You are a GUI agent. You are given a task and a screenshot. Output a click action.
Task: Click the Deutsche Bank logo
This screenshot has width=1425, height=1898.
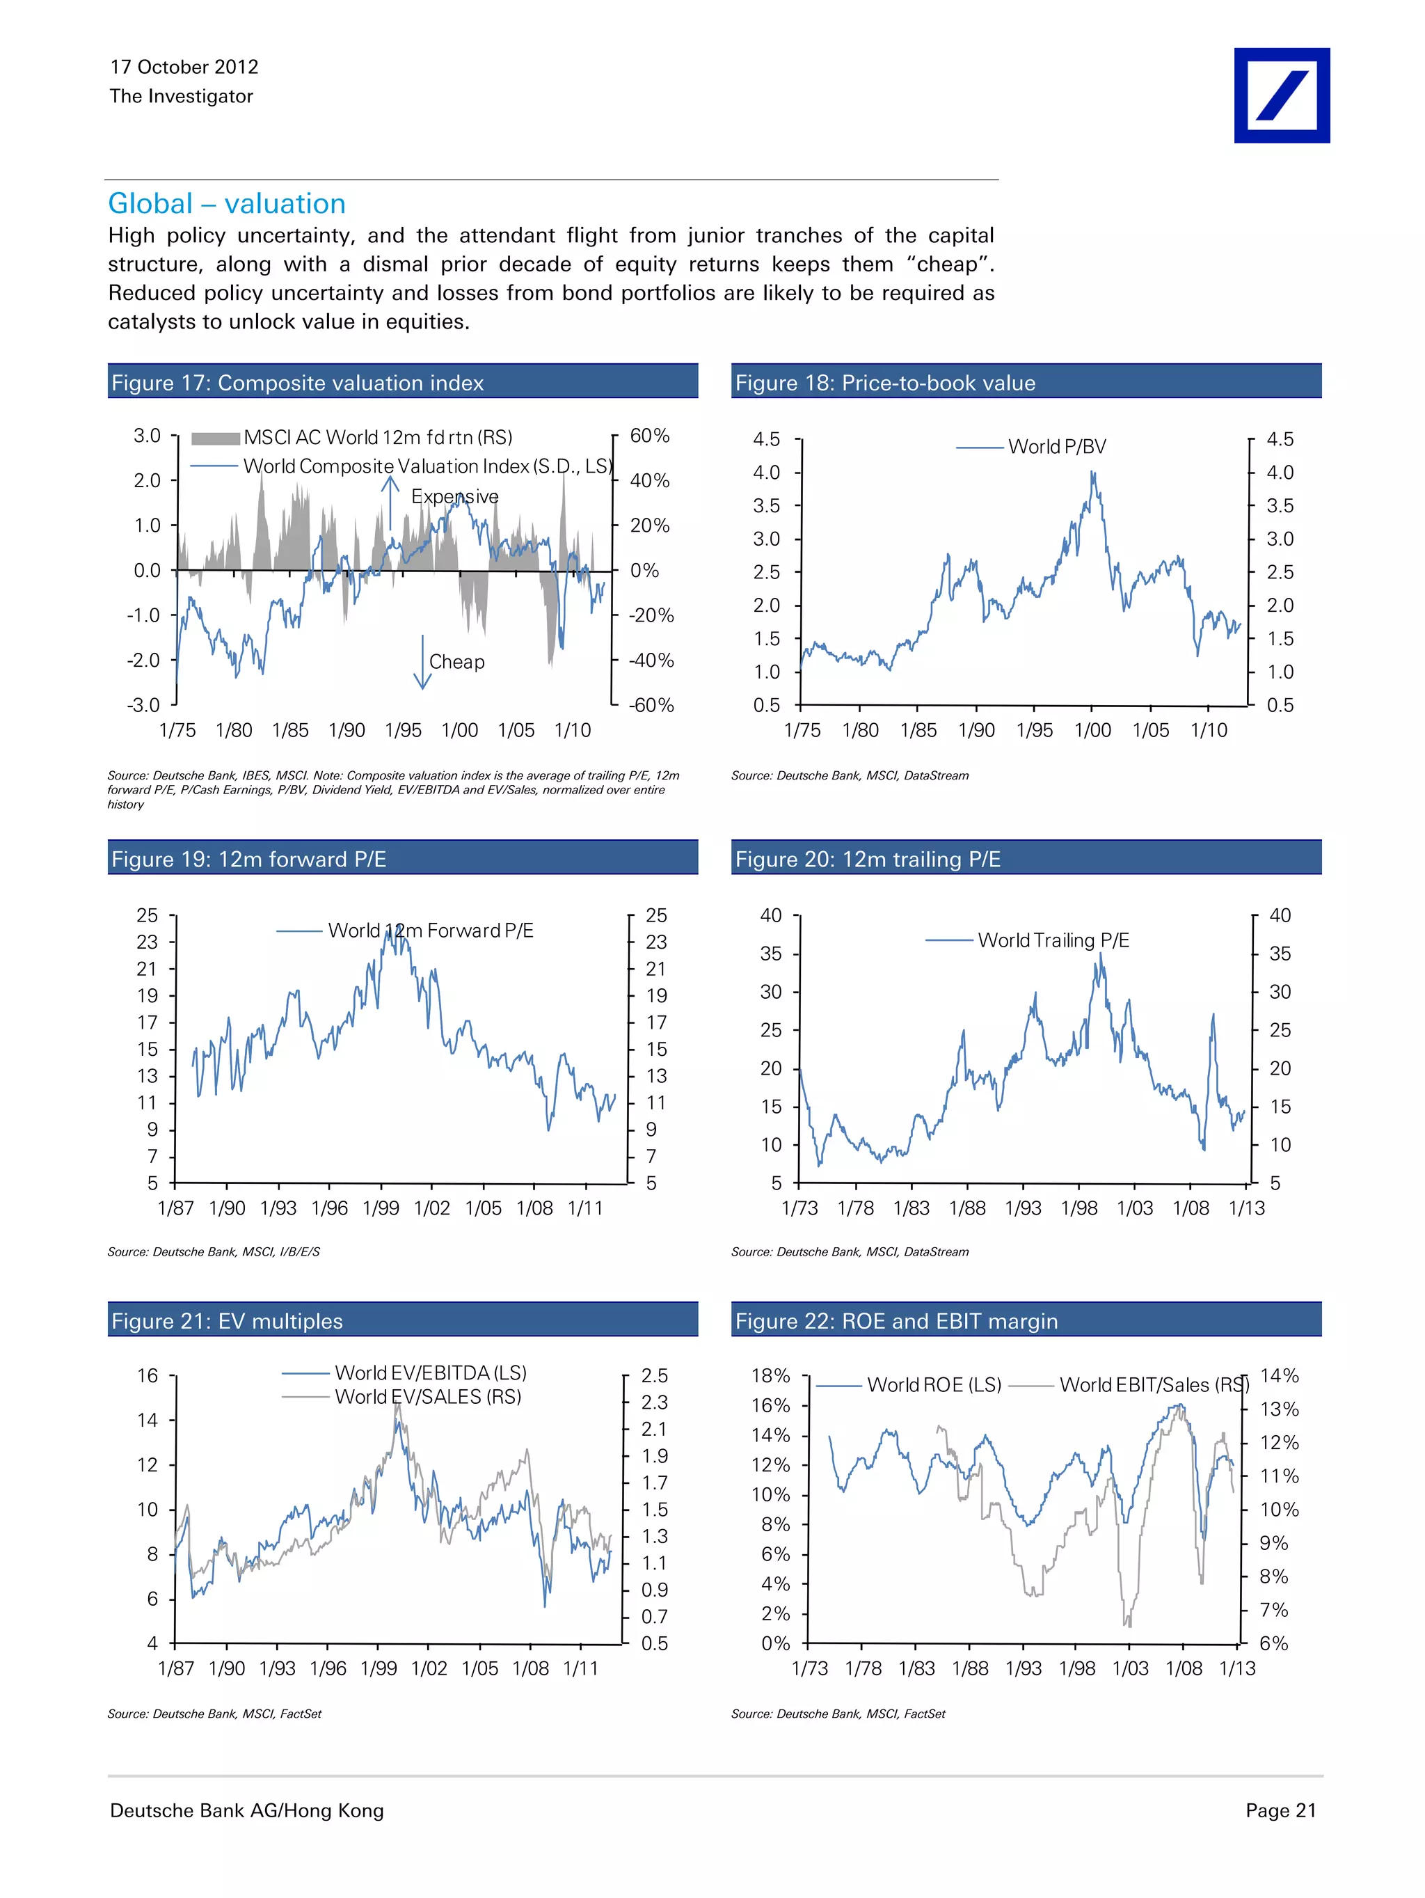point(1281,95)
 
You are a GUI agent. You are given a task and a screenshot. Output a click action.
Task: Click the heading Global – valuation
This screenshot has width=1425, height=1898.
point(227,203)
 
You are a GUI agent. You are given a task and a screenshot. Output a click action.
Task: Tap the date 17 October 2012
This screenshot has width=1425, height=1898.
point(184,67)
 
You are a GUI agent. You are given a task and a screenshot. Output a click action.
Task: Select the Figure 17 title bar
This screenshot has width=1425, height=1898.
point(402,382)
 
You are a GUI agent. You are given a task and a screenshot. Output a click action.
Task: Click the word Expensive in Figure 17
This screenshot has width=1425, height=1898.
point(454,497)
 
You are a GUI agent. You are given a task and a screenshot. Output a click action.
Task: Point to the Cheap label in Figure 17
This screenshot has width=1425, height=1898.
point(456,662)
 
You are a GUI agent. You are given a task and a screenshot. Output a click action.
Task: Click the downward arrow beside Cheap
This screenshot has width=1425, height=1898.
point(422,663)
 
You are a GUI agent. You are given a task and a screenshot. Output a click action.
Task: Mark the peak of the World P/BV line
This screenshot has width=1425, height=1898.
point(1092,472)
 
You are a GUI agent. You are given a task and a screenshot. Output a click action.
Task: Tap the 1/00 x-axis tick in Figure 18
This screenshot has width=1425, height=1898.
point(1092,730)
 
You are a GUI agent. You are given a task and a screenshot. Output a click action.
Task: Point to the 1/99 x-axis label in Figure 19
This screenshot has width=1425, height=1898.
point(381,1208)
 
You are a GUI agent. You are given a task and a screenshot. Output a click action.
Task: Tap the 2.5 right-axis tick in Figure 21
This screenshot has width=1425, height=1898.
point(654,1375)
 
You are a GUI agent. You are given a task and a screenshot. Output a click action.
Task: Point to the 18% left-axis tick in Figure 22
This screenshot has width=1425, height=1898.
point(770,1375)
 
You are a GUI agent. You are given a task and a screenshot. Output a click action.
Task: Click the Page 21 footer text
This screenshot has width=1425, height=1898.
point(1280,1810)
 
